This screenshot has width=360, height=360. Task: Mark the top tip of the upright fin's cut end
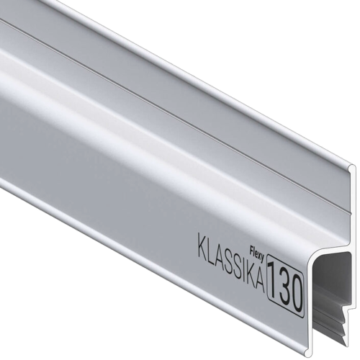pyautogui.click(x=353, y=167)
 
